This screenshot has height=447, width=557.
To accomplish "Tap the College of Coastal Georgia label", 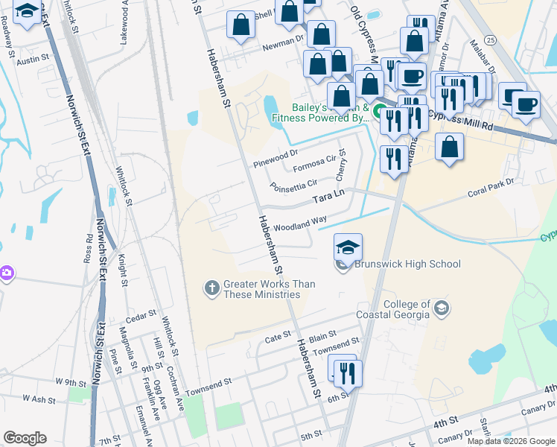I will click(x=407, y=309).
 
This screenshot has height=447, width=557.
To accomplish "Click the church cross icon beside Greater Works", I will click(x=212, y=288).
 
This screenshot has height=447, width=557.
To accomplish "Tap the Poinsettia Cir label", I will click(x=293, y=184).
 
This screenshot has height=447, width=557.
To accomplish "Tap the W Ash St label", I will click(x=39, y=399).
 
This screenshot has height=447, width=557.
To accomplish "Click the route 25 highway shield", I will click(x=489, y=39).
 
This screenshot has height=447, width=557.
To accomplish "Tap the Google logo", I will click(x=25, y=438).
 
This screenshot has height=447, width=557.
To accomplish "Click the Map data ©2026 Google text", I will click(x=510, y=440).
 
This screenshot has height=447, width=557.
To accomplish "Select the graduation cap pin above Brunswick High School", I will click(x=348, y=248).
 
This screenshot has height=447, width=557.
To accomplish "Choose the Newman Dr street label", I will click(x=283, y=46).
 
